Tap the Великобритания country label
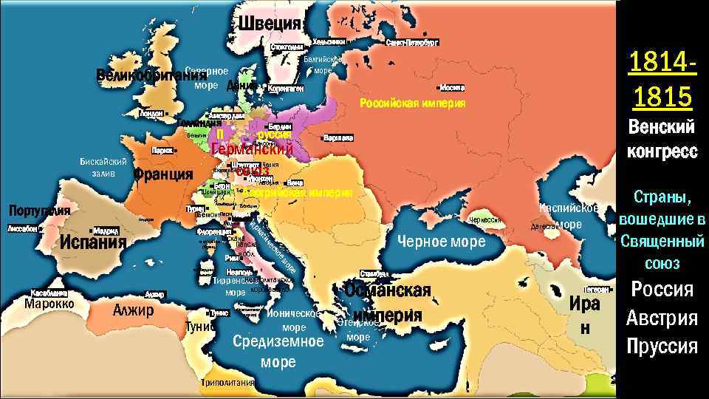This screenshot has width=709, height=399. point(150,75)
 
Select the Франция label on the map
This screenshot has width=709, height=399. point(163,174)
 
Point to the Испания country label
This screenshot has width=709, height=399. point(93,242)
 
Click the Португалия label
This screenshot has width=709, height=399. point(39,211)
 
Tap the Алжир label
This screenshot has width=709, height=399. point(133,310)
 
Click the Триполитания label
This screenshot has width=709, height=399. point(227,383)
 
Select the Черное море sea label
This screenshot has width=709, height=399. point(442,242)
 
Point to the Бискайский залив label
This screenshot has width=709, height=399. point(103,167)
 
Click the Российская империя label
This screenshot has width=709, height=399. point(412,103)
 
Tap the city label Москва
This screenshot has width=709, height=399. point(451,86)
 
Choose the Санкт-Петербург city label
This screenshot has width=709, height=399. point(412,43)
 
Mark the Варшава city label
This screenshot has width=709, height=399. point(338,137)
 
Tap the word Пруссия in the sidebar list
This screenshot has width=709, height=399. point(661,346)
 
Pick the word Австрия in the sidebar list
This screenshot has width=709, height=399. point(661,318)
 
